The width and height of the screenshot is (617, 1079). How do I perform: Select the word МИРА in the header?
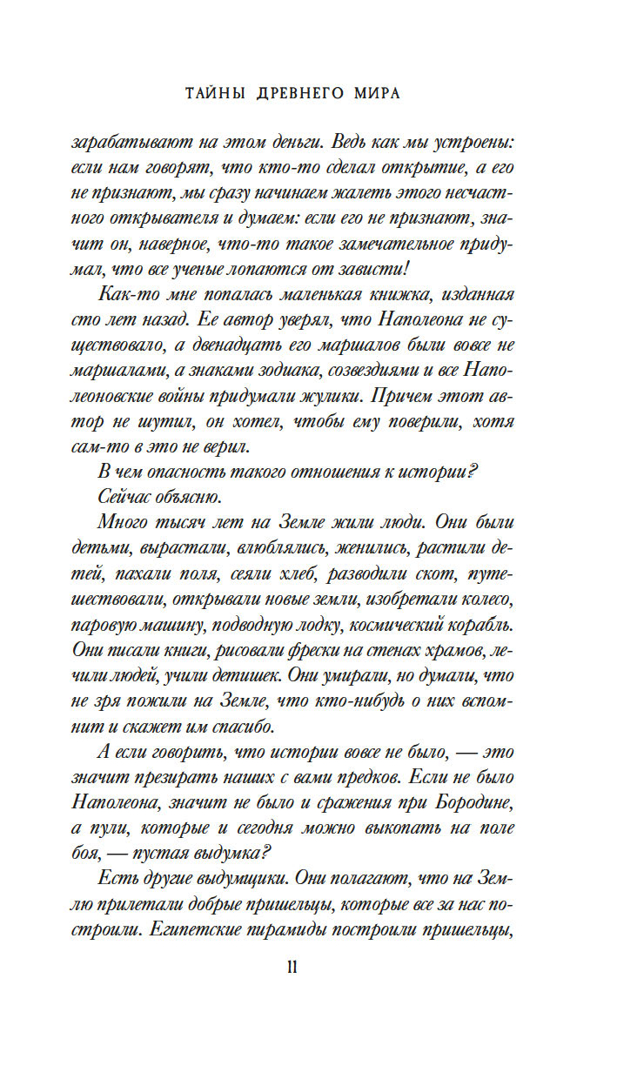coord(376,94)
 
